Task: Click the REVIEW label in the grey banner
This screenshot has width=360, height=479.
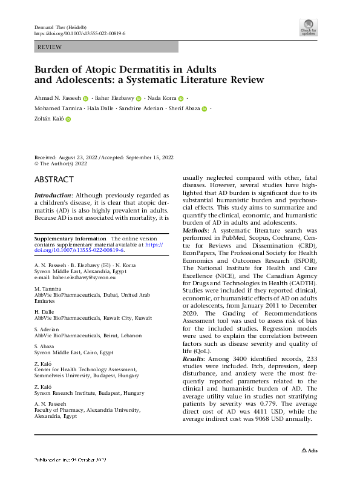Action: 49,46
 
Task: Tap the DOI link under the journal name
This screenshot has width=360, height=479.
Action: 79,35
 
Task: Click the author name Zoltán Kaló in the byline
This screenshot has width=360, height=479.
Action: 48,119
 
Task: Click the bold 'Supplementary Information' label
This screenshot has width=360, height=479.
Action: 70,239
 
